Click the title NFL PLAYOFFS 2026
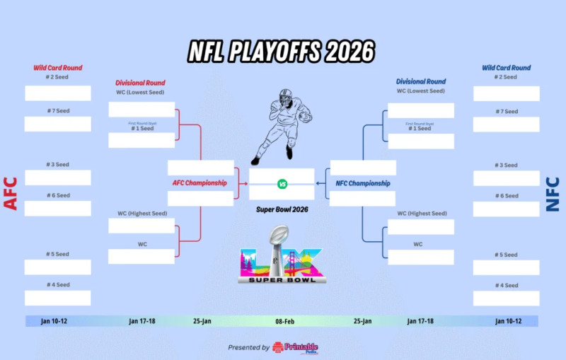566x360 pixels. (x=282, y=51)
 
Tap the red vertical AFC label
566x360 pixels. (x=11, y=192)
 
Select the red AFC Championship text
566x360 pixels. (x=200, y=183)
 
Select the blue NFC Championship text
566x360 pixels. (x=363, y=184)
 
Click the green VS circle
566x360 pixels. (x=282, y=184)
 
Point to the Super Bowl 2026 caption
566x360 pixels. (x=282, y=209)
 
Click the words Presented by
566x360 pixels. (x=248, y=348)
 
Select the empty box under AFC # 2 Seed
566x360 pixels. (x=58, y=93)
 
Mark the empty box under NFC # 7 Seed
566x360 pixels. (x=506, y=125)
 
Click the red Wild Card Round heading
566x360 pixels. (x=58, y=69)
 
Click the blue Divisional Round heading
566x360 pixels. (x=421, y=82)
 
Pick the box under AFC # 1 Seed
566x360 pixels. (x=141, y=141)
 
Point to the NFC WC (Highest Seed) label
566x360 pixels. (x=422, y=214)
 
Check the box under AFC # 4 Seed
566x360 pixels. (x=58, y=298)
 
